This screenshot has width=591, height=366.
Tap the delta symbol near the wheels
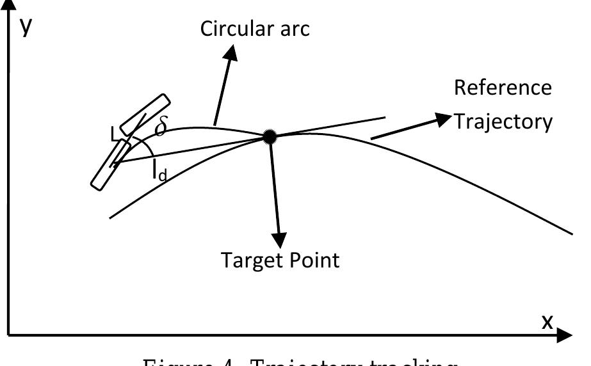[x=161, y=127]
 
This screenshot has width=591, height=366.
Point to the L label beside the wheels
[x=114, y=134]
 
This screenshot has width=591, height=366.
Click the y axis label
[x=26, y=26]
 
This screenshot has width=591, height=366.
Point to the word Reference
[x=503, y=87]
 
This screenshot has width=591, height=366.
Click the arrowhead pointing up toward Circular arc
[x=231, y=55]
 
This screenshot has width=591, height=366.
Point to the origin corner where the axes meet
[x=8, y=335]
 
